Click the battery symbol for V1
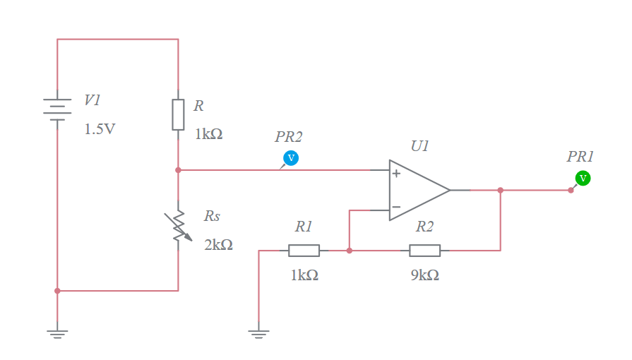pos(57,110)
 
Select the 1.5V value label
pos(100,130)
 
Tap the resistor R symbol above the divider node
pos(178,114)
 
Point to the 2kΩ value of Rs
pos(218,245)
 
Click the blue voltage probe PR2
pos(290,157)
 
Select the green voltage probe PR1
pos(583,179)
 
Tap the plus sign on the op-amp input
pos(396,174)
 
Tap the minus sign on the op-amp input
pos(396,208)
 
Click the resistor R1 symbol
pos(304,251)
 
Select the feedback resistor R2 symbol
pos(424,251)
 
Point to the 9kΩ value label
pos(424,275)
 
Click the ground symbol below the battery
pos(57,332)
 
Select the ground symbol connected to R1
pos(259,332)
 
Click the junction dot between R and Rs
pos(178,170)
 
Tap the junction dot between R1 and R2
pos(349,251)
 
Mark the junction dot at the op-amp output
pos(500,190)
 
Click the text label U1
pos(419,146)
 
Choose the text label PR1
pos(580,157)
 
